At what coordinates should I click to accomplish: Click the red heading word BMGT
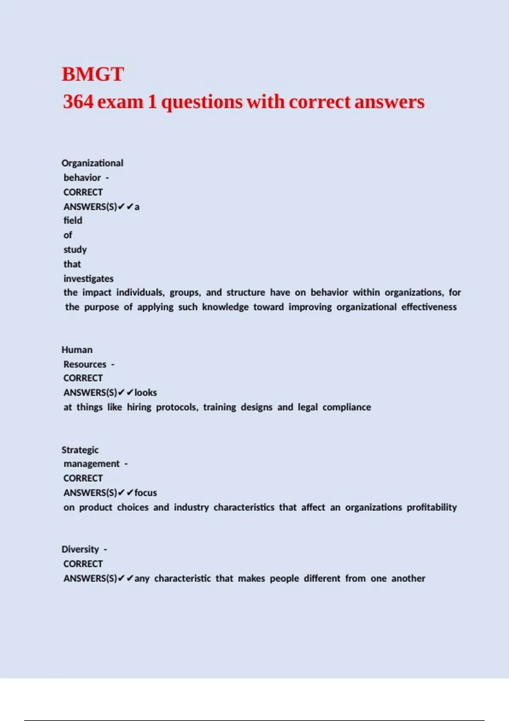(93, 74)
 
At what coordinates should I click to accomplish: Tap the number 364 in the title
(78, 102)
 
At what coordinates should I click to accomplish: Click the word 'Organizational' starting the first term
(92, 163)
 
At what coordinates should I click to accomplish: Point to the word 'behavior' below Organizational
(82, 178)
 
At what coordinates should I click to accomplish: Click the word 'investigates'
(89, 279)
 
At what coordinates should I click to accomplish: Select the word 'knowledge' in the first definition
(225, 307)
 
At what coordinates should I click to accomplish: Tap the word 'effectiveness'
(429, 307)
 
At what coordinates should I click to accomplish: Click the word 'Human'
(77, 350)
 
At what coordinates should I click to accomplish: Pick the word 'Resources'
(85, 364)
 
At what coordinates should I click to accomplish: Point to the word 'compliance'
(347, 407)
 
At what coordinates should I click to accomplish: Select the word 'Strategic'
(80, 450)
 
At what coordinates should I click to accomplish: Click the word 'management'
(92, 464)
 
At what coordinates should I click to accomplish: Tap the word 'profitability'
(431, 507)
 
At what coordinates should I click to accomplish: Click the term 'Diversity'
(80, 550)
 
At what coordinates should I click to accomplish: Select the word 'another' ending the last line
(408, 578)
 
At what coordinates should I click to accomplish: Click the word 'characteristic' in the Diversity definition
(182, 578)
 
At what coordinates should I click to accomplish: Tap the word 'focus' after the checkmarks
(145, 493)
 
